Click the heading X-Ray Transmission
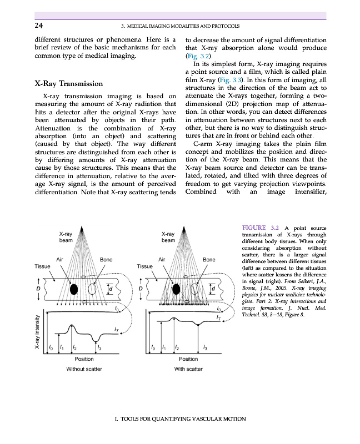(68, 84)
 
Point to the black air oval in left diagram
(74, 289)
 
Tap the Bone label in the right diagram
(209, 259)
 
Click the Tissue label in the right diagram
(144, 266)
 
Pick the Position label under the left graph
(84, 359)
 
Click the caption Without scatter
(84, 369)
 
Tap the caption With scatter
(188, 369)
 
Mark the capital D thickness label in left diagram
(38, 289)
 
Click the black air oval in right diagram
(176, 289)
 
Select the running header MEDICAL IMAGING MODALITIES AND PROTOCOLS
(180, 26)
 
